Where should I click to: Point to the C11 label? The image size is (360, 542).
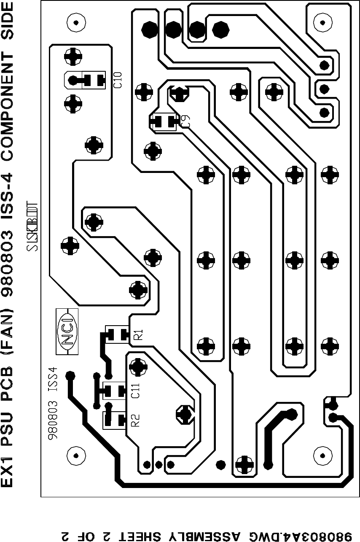coord(135,391)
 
